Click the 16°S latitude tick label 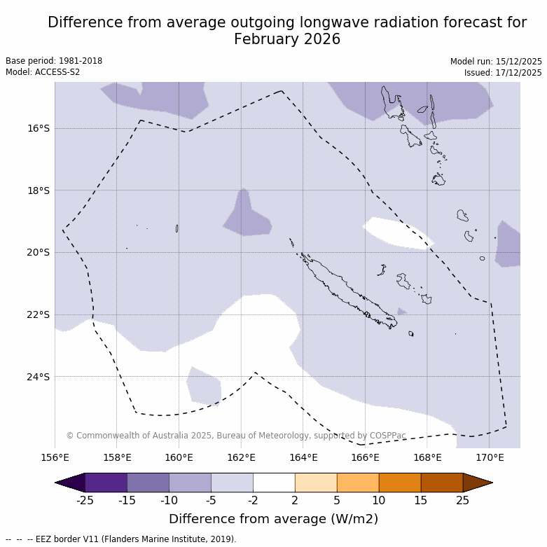coord(39,128)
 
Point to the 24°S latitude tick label coord(39,377)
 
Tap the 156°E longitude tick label coord(55,457)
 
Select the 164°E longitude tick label coord(303,457)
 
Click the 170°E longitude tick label coord(490,457)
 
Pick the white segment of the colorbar coord(274,483)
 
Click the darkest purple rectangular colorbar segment coord(106,483)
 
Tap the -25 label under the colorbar coord(85,500)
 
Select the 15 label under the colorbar coord(421,500)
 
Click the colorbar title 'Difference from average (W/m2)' coord(273,519)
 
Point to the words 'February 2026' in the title coord(287,39)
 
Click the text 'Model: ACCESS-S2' coord(43,72)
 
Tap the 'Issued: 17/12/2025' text coord(502,72)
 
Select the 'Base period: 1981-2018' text coord(54,61)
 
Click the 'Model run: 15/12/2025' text coord(495,61)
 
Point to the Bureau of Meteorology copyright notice coord(236,436)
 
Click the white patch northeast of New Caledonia coord(396,233)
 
